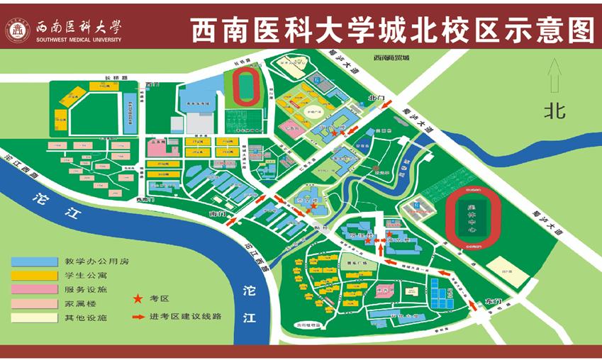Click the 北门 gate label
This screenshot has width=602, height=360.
click(375, 98)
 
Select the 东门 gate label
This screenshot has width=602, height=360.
click(492, 302)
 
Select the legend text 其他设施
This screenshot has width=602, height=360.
click(80, 317)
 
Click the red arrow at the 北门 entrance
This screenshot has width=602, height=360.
click(387, 106)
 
